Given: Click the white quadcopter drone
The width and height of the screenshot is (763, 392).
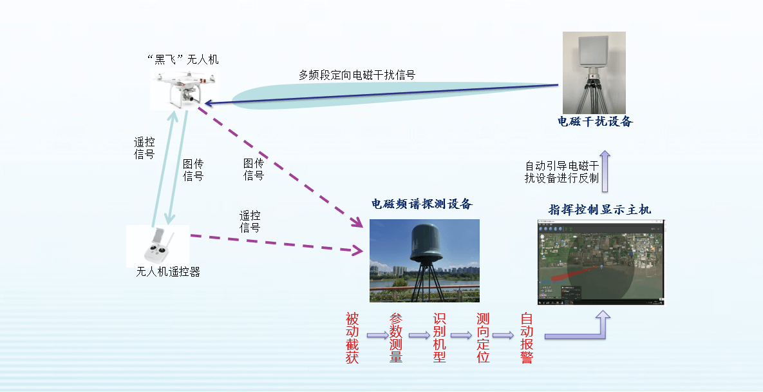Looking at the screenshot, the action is pos(184,89).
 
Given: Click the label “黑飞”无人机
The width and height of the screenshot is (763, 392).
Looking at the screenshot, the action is pos(183,59).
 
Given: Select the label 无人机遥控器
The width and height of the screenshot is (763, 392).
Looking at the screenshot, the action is pos(168,271).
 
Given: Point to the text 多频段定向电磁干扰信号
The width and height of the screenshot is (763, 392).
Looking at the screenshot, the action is pos(357,75).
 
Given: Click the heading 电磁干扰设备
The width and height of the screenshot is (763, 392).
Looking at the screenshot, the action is pos(595,121).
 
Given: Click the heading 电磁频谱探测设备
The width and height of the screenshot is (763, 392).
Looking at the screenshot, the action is pos(422,204).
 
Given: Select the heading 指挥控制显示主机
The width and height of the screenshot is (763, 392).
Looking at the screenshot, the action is pos(599,210).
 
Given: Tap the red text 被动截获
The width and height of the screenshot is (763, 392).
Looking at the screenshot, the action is pos(352,338).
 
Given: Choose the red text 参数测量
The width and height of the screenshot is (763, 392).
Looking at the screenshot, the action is pos(396,338).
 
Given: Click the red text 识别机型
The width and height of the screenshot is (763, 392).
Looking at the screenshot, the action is pos(439,338).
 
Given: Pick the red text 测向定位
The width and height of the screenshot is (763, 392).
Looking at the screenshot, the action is pos(483,338).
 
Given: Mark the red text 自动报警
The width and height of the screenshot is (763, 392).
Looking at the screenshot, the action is pos(527,338).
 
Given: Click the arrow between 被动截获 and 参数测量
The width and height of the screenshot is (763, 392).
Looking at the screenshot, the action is pos(377,335).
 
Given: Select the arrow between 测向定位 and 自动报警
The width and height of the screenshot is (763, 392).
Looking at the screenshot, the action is pos(503,335).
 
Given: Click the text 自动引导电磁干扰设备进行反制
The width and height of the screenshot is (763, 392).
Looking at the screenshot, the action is pos(562,172).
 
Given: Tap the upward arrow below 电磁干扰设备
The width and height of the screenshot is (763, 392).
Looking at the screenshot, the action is pos(605,171).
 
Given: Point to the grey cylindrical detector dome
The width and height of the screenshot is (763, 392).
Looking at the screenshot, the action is pos(426,242).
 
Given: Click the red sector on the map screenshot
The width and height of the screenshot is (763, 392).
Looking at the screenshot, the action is pos(573,273).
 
